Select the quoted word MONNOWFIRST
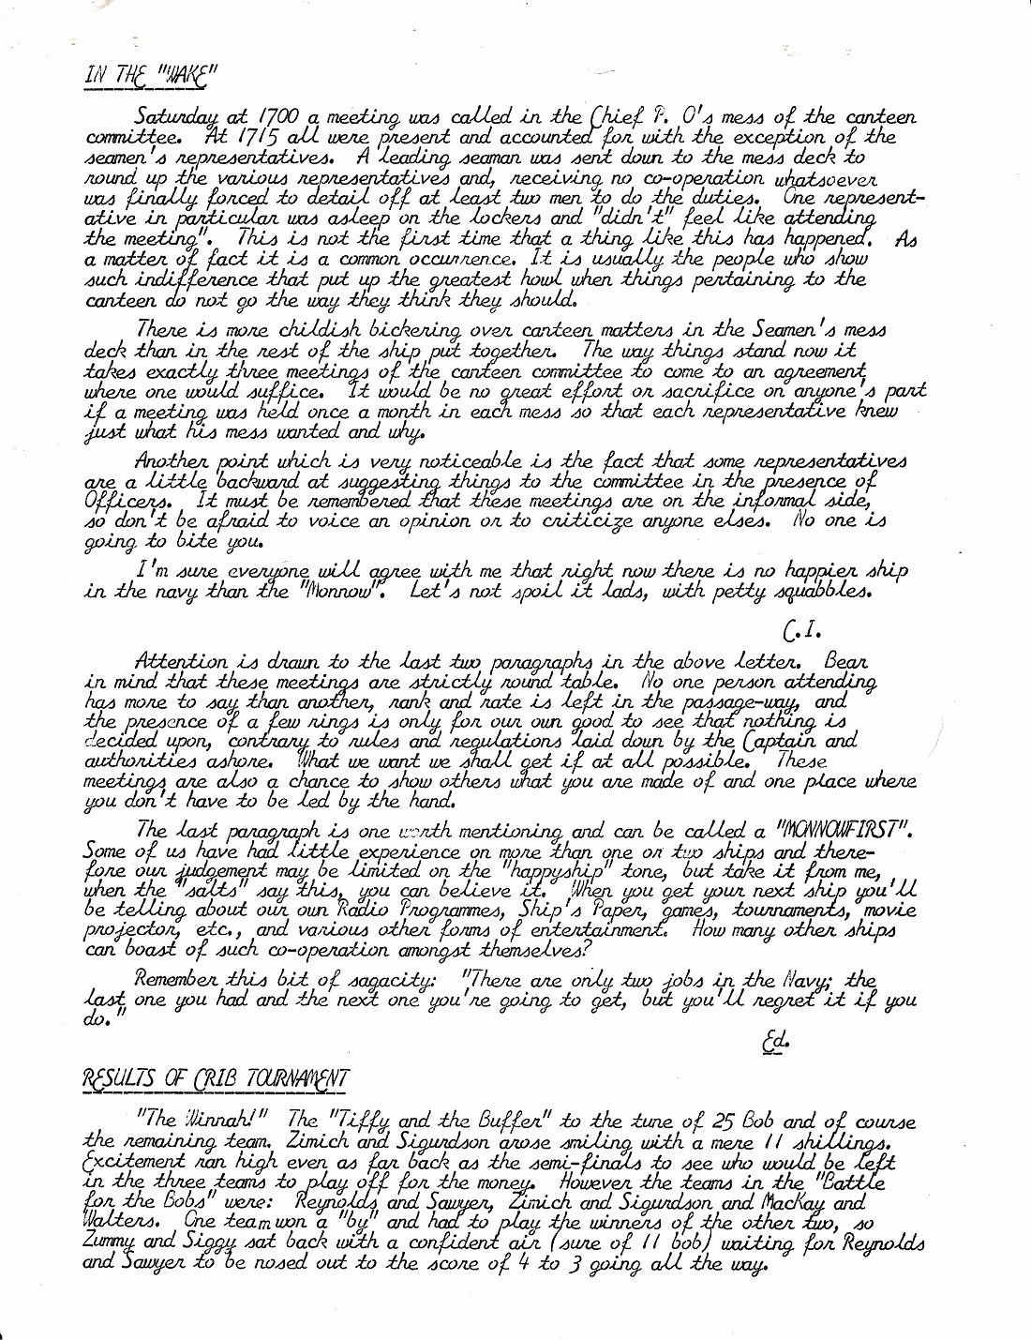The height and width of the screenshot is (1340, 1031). [x=845, y=830]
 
